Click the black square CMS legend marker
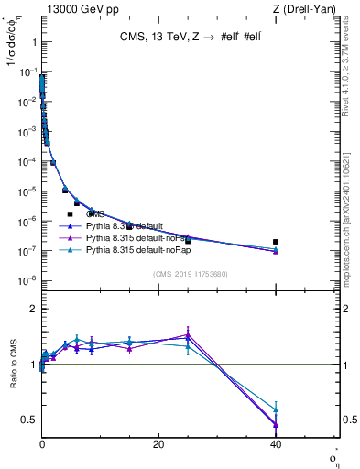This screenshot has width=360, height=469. tap(70, 213)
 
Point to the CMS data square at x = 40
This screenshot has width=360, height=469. tap(276, 242)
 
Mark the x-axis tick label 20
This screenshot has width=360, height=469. tap(158, 443)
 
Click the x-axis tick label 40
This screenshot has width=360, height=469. tap(276, 443)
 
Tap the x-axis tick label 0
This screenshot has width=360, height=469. tap(42, 443)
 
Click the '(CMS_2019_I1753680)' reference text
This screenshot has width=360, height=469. tap(190, 274)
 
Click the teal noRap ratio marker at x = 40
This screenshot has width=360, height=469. tap(276, 409)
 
